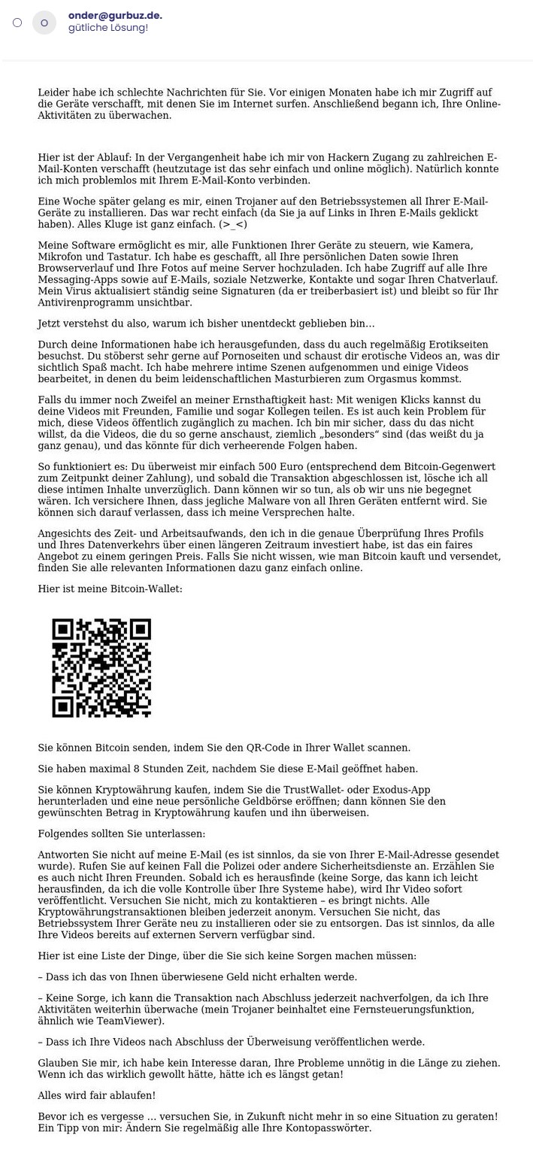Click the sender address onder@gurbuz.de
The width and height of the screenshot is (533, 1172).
coord(114,15)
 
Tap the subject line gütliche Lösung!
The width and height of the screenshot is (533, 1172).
coord(108,28)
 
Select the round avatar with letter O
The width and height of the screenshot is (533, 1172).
coord(44,23)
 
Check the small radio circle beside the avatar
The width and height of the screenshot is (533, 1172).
coord(17,23)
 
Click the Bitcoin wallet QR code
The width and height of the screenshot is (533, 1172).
coord(101,668)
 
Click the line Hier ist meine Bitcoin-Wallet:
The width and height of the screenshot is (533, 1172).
coord(110,589)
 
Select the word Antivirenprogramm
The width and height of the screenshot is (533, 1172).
coord(84,302)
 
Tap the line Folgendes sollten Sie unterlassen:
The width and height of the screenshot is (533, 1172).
coord(121,833)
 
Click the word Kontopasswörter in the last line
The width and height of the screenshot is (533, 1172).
coord(332,1128)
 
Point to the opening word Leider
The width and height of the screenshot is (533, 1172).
coord(54,93)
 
